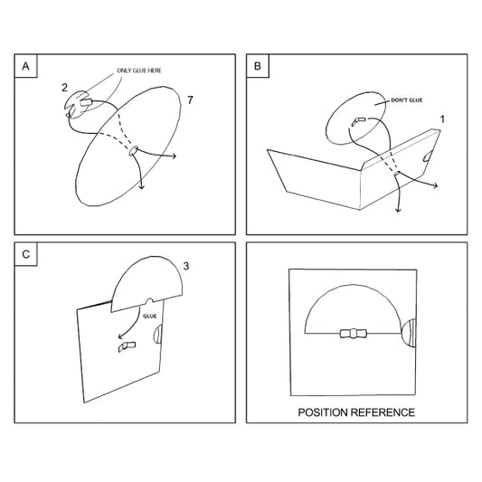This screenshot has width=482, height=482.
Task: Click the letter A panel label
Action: (26, 66)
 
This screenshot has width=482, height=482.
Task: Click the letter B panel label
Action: (258, 66)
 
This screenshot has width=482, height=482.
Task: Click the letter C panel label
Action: (26, 254)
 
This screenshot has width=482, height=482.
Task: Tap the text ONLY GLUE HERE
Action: (139, 71)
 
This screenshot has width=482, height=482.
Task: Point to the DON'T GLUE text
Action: (406, 100)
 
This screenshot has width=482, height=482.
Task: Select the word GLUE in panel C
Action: (150, 316)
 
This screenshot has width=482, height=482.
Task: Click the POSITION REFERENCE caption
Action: (356, 412)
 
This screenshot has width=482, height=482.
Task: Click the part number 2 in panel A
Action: (64, 88)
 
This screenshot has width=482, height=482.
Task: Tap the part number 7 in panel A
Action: (190, 99)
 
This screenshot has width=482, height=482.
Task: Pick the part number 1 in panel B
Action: (442, 119)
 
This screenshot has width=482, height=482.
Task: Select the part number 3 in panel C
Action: (186, 266)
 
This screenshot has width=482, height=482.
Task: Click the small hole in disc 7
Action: (133, 151)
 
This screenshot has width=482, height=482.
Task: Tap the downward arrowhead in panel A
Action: (141, 186)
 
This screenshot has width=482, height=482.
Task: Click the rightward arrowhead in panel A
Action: (174, 156)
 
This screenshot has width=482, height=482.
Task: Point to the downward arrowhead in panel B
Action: (398, 210)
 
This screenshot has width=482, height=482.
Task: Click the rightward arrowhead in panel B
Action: (435, 185)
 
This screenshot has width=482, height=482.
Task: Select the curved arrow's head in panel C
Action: (120, 336)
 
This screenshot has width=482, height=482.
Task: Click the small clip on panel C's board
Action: (127, 346)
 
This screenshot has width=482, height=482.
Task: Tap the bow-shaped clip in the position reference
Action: (354, 333)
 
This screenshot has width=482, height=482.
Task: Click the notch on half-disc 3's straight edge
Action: (149, 301)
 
